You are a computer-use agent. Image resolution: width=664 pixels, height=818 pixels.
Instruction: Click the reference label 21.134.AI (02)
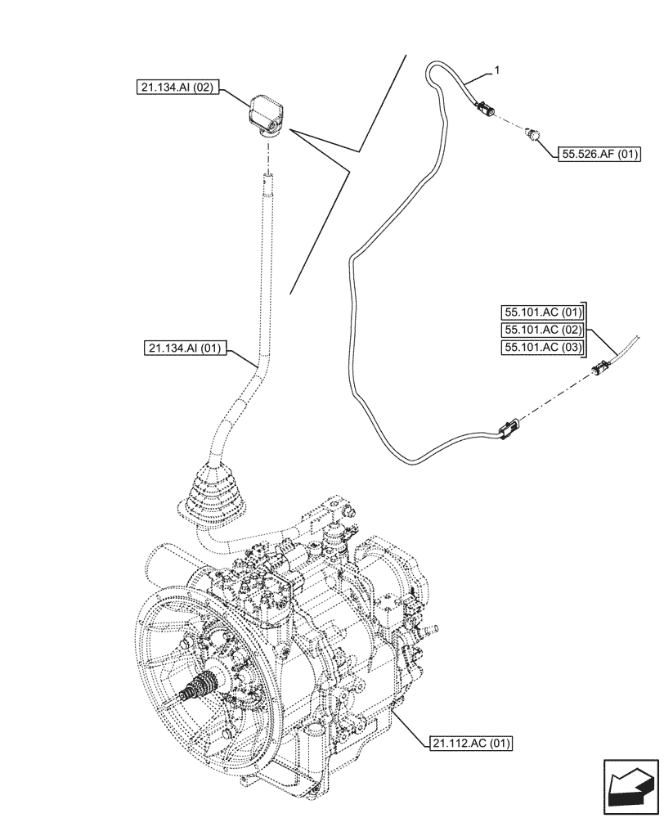(x=177, y=89)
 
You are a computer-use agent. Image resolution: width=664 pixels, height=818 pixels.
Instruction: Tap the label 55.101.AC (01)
(x=541, y=312)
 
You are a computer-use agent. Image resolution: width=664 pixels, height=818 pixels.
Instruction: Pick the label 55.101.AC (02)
(x=541, y=330)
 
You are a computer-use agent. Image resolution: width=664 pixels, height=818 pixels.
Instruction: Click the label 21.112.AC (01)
(x=469, y=744)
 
